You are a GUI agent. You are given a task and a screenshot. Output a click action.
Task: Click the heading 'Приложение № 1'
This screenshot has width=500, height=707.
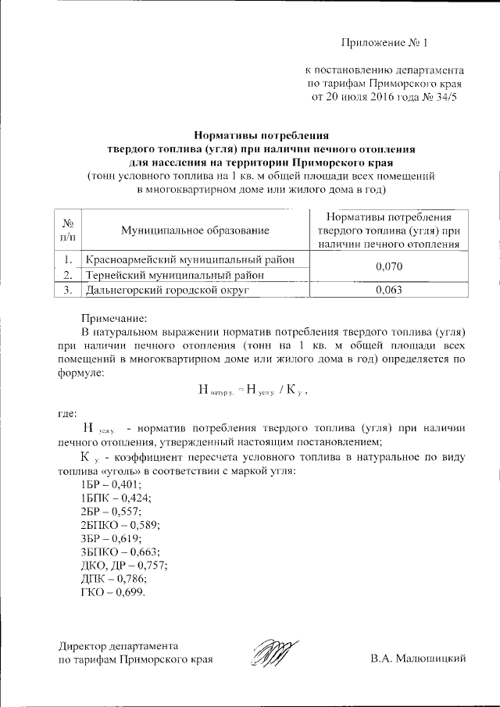pos(385,42)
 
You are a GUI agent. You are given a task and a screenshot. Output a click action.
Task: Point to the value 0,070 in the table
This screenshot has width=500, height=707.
pos(388,266)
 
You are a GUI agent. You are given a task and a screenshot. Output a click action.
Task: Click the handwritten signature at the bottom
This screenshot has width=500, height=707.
pos(276,653)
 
